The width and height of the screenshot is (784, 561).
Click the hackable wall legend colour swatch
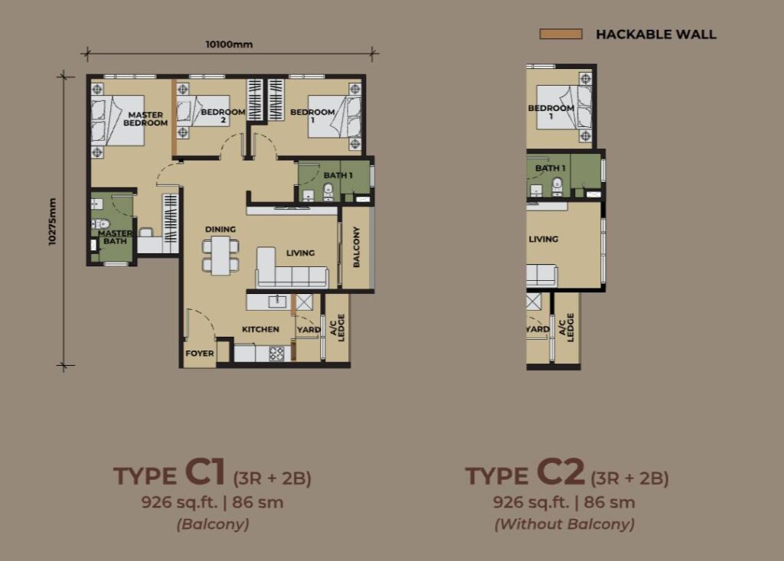click(x=560, y=34)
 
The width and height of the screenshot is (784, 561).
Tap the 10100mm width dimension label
click(x=229, y=44)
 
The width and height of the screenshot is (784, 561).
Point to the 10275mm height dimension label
click(x=53, y=221)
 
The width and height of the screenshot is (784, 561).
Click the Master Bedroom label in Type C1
click(x=145, y=119)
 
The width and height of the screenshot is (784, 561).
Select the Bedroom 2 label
click(x=223, y=116)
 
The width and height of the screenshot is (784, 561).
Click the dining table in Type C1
click(x=220, y=256)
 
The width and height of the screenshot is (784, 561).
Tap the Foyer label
click(x=200, y=353)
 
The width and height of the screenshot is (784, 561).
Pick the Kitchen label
click(x=260, y=329)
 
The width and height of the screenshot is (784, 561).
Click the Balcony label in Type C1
click(x=357, y=246)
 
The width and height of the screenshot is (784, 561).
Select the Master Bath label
click(x=115, y=237)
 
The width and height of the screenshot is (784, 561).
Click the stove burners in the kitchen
click(x=276, y=354)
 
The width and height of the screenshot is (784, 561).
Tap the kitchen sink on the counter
click(x=277, y=301)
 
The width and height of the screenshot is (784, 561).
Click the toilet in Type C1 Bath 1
click(x=328, y=192)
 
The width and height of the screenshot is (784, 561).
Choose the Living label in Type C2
click(x=544, y=239)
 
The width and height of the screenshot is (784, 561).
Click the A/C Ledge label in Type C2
click(x=567, y=327)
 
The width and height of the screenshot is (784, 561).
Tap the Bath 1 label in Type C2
click(x=550, y=168)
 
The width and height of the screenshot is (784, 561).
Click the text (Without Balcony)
click(x=564, y=524)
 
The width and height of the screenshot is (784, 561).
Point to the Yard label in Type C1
click(x=309, y=330)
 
